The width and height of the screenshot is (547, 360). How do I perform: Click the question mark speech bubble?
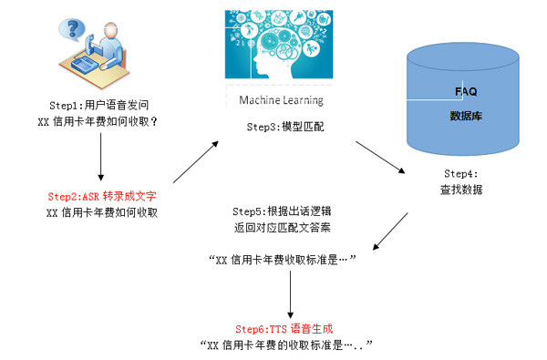[x=72, y=29]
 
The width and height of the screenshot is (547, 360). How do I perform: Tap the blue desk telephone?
[x=84, y=65]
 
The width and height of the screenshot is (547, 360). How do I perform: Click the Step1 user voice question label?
[x=99, y=105]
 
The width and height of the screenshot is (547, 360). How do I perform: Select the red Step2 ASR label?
[x=102, y=196]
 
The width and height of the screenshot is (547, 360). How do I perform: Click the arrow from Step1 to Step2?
[x=101, y=157]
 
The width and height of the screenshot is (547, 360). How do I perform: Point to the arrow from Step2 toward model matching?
[x=196, y=162]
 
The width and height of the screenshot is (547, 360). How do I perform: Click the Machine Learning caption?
[x=281, y=100]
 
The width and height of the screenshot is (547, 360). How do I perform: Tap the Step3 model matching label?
[x=285, y=127]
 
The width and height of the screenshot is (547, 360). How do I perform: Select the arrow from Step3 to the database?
[x=380, y=157]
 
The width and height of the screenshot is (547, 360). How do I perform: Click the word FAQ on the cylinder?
[x=466, y=92]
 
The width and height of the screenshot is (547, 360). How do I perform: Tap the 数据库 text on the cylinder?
[x=466, y=116]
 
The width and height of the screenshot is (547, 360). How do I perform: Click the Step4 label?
[x=460, y=174]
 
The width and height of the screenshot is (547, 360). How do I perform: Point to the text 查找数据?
[x=461, y=190]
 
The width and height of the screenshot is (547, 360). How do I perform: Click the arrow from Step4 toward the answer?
[x=390, y=231]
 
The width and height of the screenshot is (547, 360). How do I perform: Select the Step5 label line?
[x=282, y=211]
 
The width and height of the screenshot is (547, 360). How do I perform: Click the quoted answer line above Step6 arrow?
[x=282, y=260]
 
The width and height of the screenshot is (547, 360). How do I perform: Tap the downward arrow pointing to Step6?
[x=290, y=294]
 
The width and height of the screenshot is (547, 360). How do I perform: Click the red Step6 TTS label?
[x=284, y=329]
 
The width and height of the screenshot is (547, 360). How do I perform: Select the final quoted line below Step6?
[x=286, y=345]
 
